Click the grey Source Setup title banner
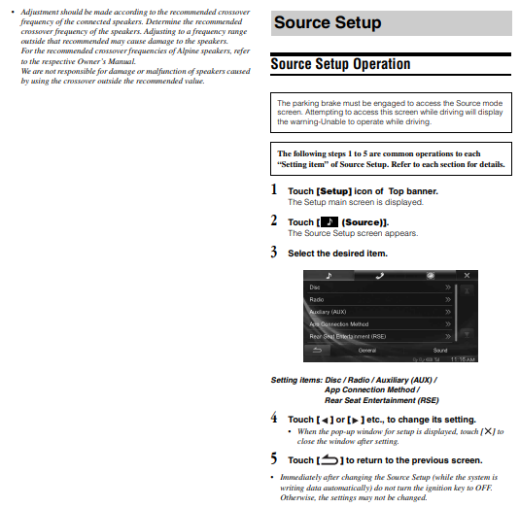[x=392, y=23]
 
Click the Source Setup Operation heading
[x=340, y=64]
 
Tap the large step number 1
[x=274, y=189]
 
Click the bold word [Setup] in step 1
[x=334, y=191]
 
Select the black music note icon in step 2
[x=329, y=222]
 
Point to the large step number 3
[x=274, y=252]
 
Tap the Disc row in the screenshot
[x=380, y=287]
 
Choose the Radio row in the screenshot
[x=380, y=299]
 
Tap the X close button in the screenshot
[x=467, y=276]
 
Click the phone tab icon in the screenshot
[x=380, y=276]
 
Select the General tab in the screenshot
[x=367, y=351]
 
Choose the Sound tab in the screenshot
[x=440, y=351]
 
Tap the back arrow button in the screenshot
[x=318, y=351]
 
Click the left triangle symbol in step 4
[x=325, y=421]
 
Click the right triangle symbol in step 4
[x=355, y=421]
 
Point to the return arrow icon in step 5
[x=329, y=459]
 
